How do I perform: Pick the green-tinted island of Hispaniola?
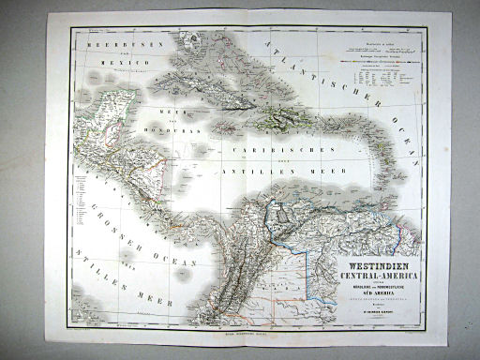click(x=279, y=117)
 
